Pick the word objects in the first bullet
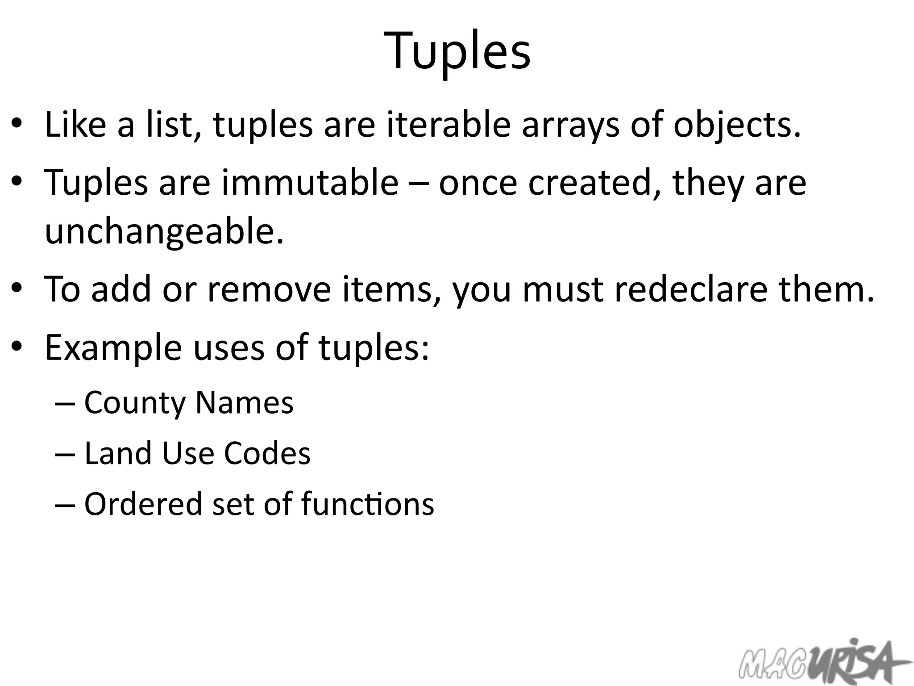click(x=737, y=125)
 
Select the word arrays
click(x=570, y=125)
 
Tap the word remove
click(x=270, y=289)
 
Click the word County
click(x=134, y=403)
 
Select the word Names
click(x=245, y=402)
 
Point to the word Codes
click(x=267, y=453)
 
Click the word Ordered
click(x=143, y=504)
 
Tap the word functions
click(x=367, y=504)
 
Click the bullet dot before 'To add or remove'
click(x=17, y=288)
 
